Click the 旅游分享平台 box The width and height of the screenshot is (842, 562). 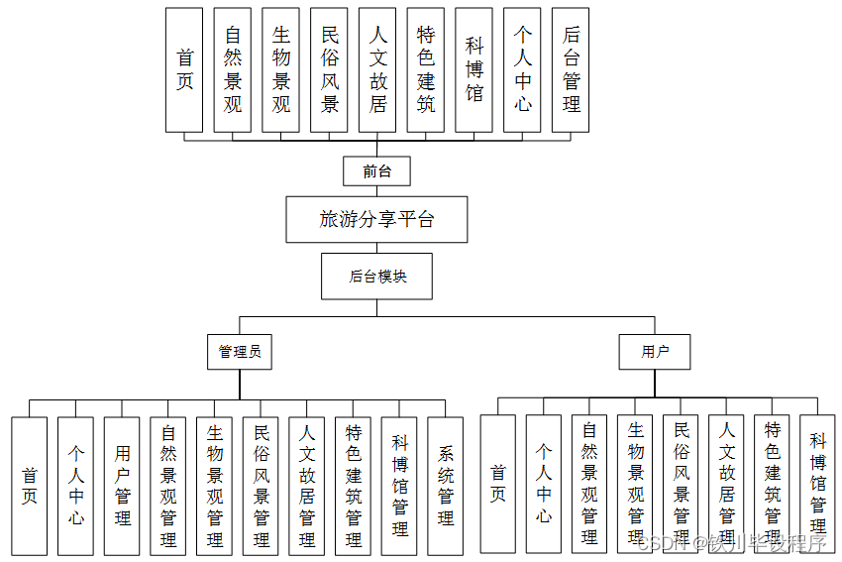click(376, 219)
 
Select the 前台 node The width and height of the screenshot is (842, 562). click(376, 170)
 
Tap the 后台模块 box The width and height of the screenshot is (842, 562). click(377, 277)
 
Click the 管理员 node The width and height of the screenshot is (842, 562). click(241, 351)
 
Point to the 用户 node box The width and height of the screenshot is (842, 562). click(655, 351)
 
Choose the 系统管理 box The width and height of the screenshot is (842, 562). click(446, 486)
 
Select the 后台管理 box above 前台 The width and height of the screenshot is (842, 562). click(571, 70)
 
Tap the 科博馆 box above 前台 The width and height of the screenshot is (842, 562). click(474, 70)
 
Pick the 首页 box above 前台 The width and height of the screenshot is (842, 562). click(184, 70)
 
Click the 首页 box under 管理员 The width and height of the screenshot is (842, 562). click(30, 486)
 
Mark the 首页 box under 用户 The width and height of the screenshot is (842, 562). click(497, 484)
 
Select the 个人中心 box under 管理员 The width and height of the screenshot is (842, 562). click(76, 486)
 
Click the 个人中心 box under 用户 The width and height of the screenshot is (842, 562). click(544, 484)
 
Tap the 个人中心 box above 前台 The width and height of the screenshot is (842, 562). click(522, 70)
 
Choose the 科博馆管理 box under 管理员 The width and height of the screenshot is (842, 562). click(399, 486)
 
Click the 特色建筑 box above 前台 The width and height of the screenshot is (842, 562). click(426, 70)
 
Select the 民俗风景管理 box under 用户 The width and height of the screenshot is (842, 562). click(682, 484)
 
